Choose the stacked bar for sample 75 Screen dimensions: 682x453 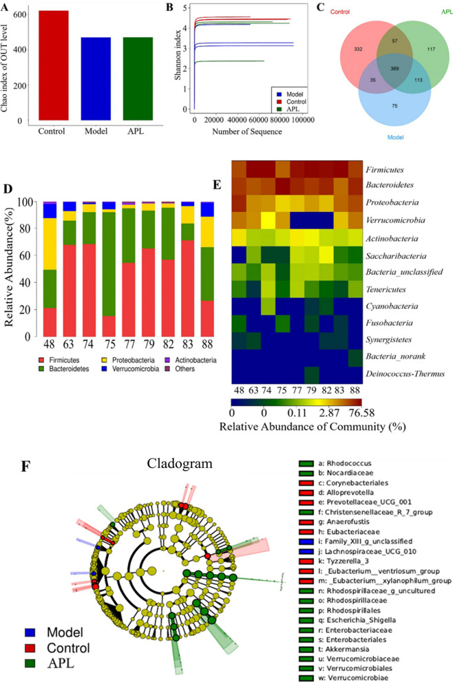(x=107, y=269)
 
